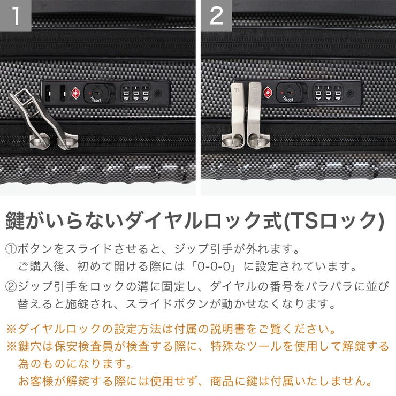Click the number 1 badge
(x=16, y=16)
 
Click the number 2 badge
(x=216, y=16)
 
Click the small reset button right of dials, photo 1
(x=157, y=93)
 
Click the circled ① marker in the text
(x=11, y=249)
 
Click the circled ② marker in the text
(x=11, y=286)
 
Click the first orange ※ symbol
(x=11, y=329)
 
